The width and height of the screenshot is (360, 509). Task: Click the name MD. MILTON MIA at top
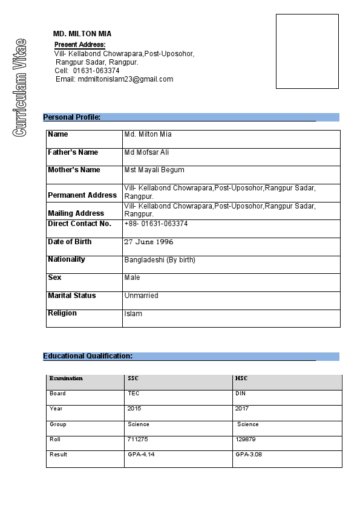coord(82,34)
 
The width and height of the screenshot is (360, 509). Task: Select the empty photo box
coord(307,51)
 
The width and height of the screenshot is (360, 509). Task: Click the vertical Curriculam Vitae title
coord(19,87)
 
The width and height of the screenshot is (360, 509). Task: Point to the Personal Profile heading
coord(71,117)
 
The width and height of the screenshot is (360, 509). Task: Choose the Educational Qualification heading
coord(88,356)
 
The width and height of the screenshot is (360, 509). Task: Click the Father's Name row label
coord(73,152)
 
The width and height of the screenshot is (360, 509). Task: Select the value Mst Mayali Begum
coord(154,170)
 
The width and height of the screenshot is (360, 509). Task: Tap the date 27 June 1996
coord(148,242)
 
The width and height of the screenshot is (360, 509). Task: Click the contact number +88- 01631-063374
coord(156,224)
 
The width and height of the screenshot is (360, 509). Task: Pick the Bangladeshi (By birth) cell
coord(160,260)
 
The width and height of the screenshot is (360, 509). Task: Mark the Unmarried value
coord(141,296)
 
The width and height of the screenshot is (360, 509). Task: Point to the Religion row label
coord(62,313)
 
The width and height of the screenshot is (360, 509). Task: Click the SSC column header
coord(133,378)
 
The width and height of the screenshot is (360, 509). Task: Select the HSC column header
coord(241,378)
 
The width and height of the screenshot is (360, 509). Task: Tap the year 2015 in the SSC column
coord(134,409)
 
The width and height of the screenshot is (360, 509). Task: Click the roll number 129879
coord(245,439)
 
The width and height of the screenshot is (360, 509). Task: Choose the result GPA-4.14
coord(141,455)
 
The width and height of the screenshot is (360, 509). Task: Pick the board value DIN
coord(241,394)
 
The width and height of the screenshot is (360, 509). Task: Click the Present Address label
coord(80,45)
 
